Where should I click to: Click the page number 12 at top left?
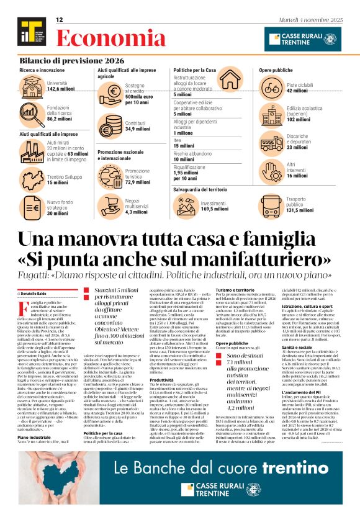(x=60, y=20)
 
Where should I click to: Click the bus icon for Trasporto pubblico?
(x=271, y=207)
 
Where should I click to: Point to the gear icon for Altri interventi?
(x=271, y=169)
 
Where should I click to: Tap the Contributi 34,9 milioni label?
(x=138, y=127)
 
